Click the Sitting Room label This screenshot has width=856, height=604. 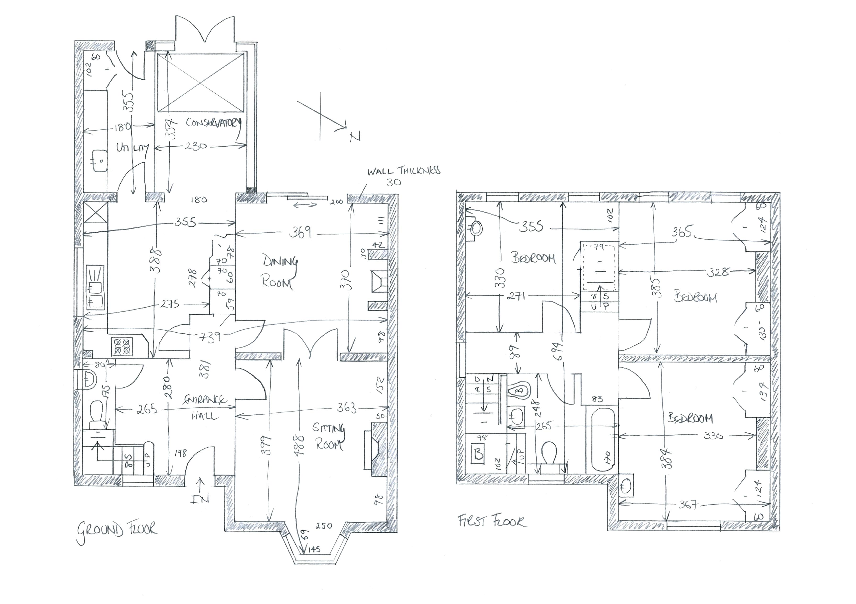click(328, 436)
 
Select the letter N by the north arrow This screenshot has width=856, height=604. click(355, 138)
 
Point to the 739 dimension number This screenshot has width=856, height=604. click(210, 337)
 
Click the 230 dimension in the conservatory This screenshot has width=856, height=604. click(195, 146)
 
